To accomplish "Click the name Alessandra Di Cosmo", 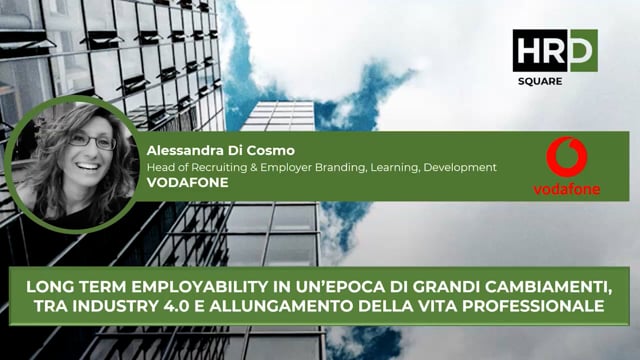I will tap(212, 150).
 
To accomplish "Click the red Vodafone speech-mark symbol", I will tap(566, 158).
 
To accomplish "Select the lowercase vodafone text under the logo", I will tap(566, 189).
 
